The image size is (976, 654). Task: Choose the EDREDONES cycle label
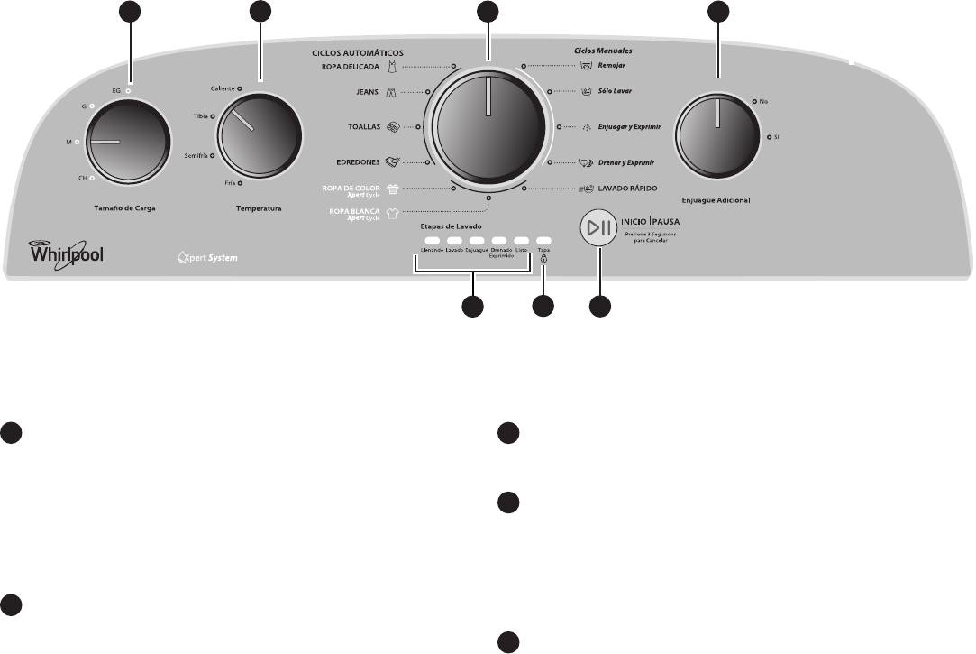(x=358, y=162)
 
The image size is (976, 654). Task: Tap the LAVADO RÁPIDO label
(x=629, y=189)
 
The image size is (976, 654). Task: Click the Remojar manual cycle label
(x=612, y=66)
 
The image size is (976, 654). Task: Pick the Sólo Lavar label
(x=615, y=92)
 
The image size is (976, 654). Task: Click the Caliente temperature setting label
(x=223, y=88)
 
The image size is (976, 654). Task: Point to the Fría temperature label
(x=230, y=182)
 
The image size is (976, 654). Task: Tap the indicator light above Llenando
(x=432, y=241)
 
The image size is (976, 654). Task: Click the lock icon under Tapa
(x=543, y=260)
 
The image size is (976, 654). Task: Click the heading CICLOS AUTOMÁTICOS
(x=356, y=53)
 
